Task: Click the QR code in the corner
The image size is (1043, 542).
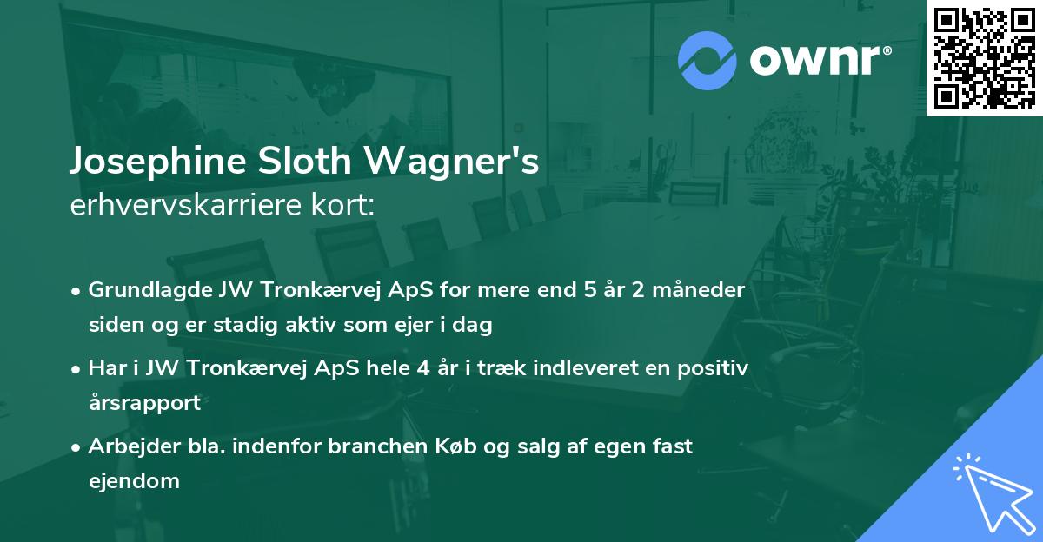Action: [984, 57]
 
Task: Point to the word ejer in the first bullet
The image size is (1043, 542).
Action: [423, 326]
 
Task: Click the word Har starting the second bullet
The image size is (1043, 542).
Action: [103, 368]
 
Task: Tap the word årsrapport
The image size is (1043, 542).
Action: [144, 403]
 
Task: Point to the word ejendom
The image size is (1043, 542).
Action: [134, 480]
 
